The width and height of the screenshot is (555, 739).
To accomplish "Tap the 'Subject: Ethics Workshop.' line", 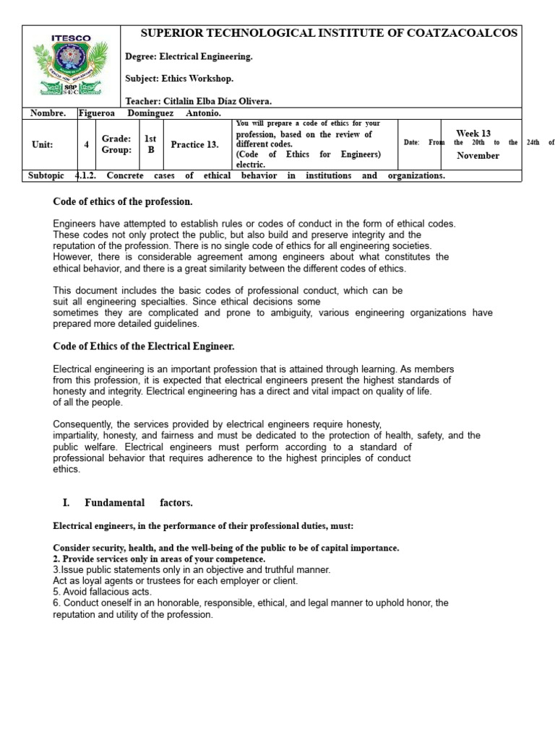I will tap(179, 78).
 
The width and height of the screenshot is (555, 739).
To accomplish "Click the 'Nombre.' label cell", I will tap(48, 113).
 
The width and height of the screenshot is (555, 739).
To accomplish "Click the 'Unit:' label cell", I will tap(43, 144).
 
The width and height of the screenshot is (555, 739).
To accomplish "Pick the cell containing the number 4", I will tap(87, 144).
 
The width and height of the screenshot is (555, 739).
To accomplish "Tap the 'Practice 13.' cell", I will tap(194, 144).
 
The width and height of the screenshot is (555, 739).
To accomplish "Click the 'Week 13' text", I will tap(473, 134).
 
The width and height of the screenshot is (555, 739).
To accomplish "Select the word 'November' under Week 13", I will tap(478, 155).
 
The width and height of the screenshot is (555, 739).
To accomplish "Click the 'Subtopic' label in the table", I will tap(46, 175).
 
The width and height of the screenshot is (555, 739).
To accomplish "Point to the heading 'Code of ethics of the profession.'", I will tap(124, 201).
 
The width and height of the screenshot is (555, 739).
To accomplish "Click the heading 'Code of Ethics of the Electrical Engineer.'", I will tap(144, 346).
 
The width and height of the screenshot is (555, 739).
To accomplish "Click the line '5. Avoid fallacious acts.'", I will tap(103, 592).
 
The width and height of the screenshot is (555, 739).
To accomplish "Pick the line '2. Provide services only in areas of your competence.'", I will tap(160, 559).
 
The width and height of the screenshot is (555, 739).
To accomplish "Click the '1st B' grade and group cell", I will tap(151, 144).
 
